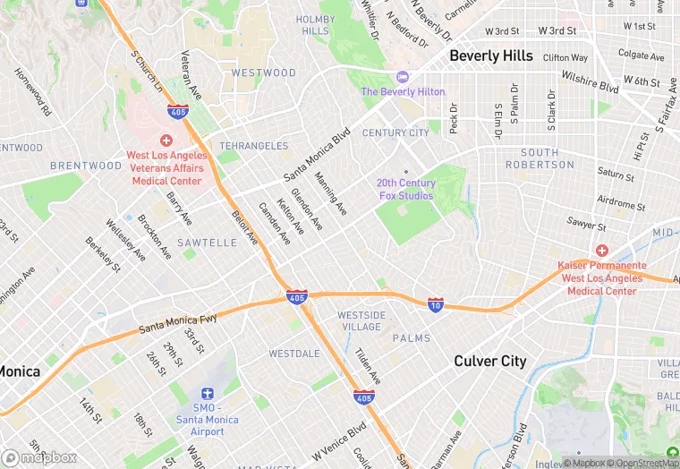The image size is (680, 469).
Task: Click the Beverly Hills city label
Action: (x=491, y=55)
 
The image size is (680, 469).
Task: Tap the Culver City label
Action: (x=490, y=361)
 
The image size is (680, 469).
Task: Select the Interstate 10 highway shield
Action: (x=435, y=305)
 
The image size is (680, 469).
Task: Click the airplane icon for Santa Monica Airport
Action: (x=208, y=394)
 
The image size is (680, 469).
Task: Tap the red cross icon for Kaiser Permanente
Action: (x=601, y=251)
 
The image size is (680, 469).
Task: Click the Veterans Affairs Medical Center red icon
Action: (x=166, y=141)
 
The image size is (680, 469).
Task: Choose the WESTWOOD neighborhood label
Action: (x=263, y=72)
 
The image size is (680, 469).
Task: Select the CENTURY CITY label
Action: (x=395, y=132)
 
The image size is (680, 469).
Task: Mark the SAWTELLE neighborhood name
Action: (x=207, y=243)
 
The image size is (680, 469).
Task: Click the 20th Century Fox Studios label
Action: (x=405, y=189)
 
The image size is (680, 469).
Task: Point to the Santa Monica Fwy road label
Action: (x=178, y=323)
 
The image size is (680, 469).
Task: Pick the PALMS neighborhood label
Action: (x=411, y=338)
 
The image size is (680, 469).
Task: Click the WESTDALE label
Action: (x=294, y=354)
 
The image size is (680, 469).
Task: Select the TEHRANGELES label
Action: (x=254, y=146)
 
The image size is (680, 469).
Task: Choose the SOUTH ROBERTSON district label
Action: (x=547, y=158)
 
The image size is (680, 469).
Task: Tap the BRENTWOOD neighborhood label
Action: (x=86, y=166)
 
